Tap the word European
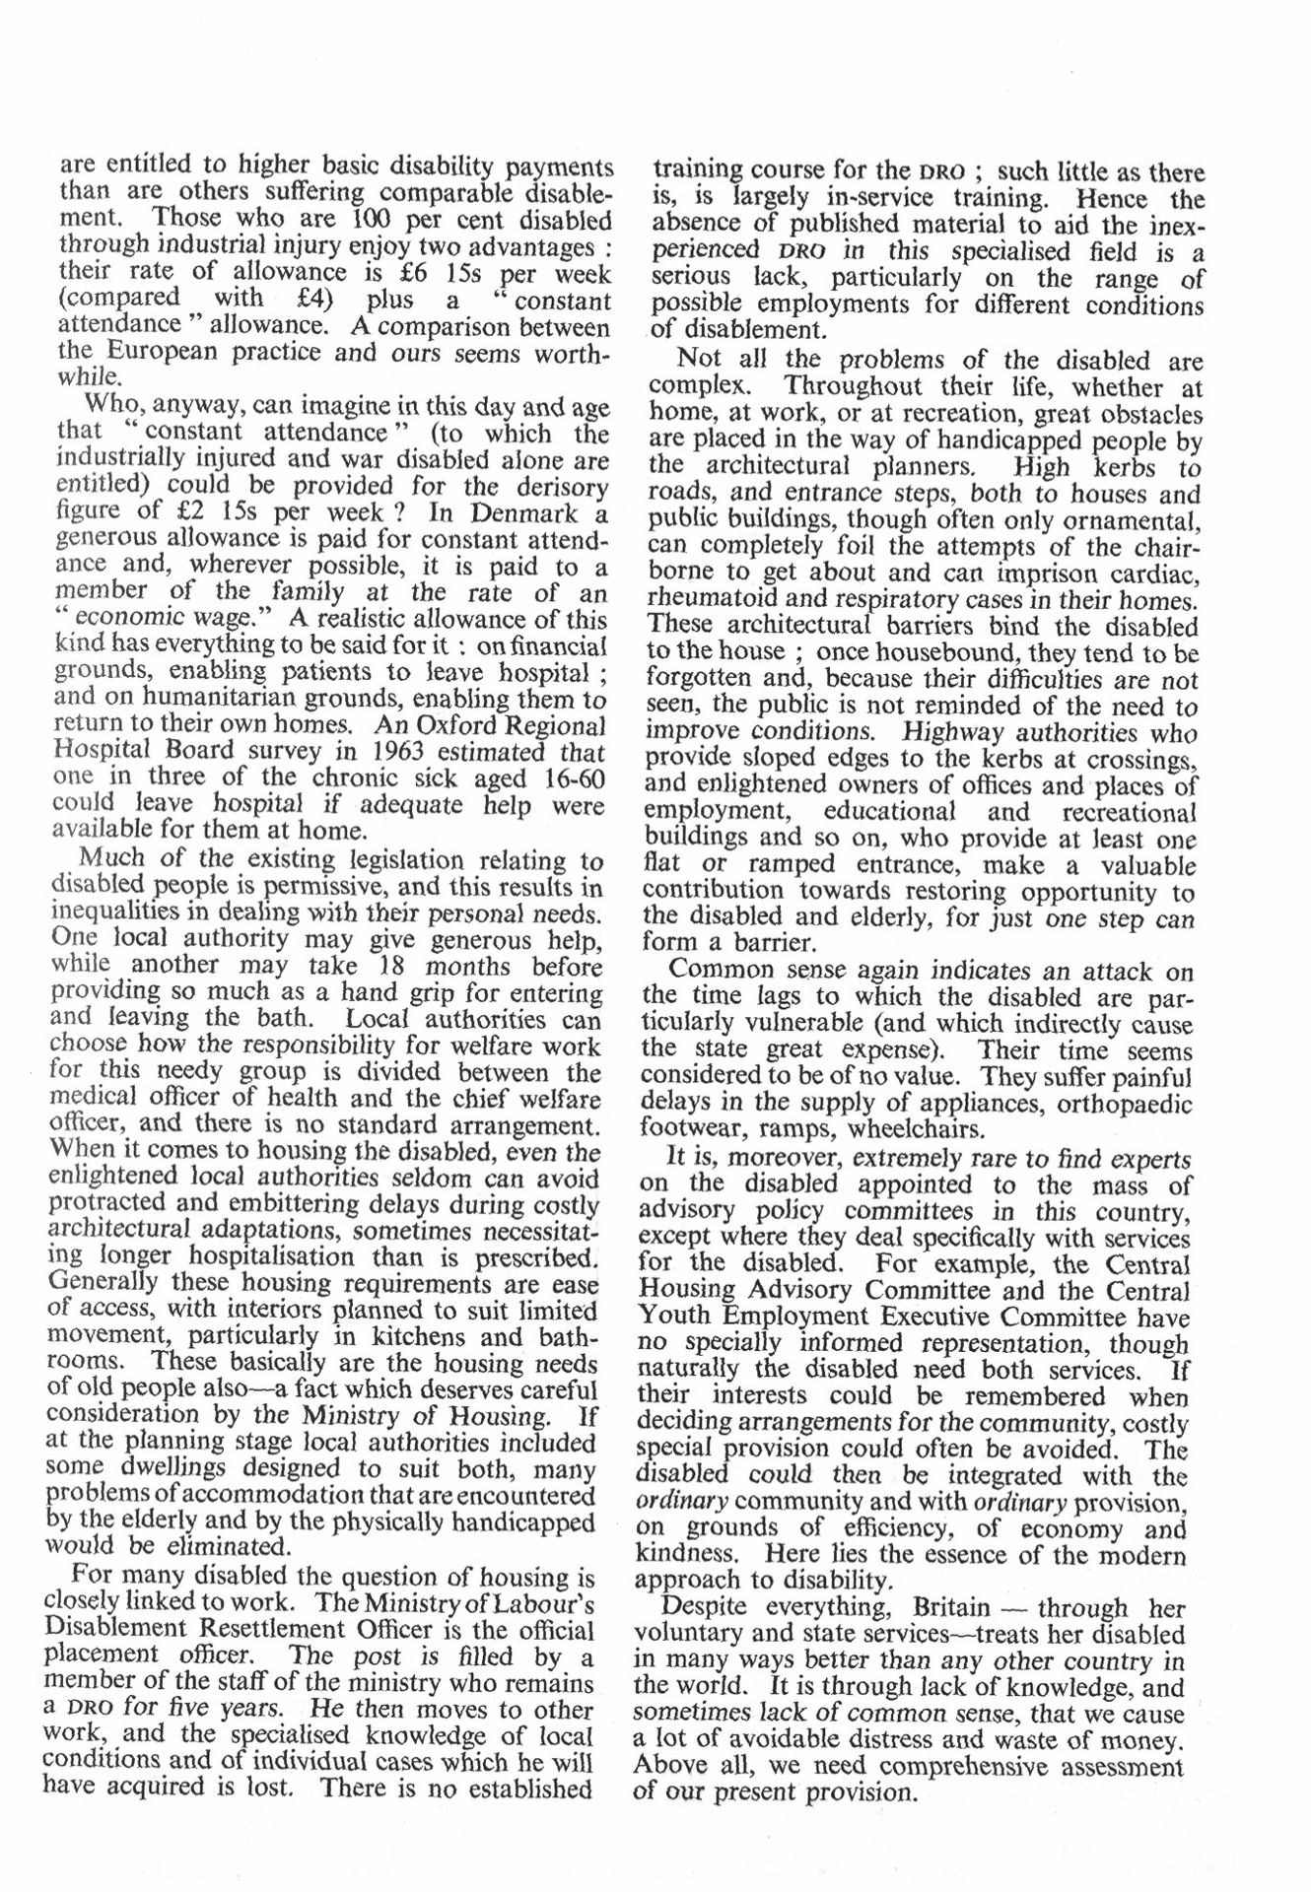point(163,352)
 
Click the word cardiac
point(1156,572)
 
